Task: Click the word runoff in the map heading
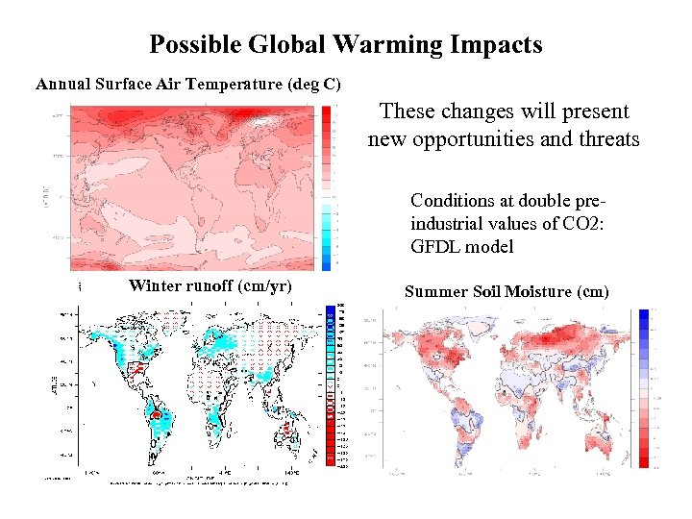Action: pyautogui.click(x=209, y=285)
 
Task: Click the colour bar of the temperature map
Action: pyautogui.click(x=327, y=188)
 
